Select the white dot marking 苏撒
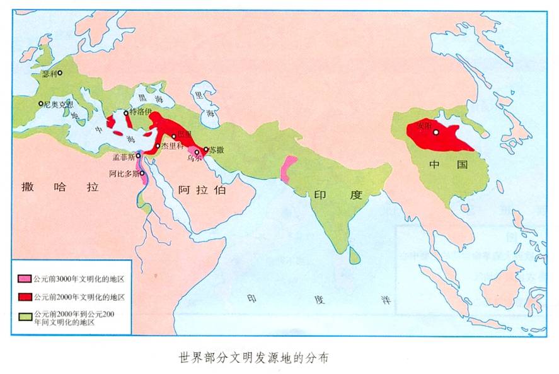coord(205,149)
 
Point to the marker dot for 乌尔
coord(197,152)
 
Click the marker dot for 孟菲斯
coord(138,155)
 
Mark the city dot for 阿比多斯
coord(142,173)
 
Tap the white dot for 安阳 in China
coord(435,132)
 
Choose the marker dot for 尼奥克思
coord(40,103)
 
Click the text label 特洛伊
coord(141,112)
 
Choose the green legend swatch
coord(25,313)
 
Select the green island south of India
coord(355,254)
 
